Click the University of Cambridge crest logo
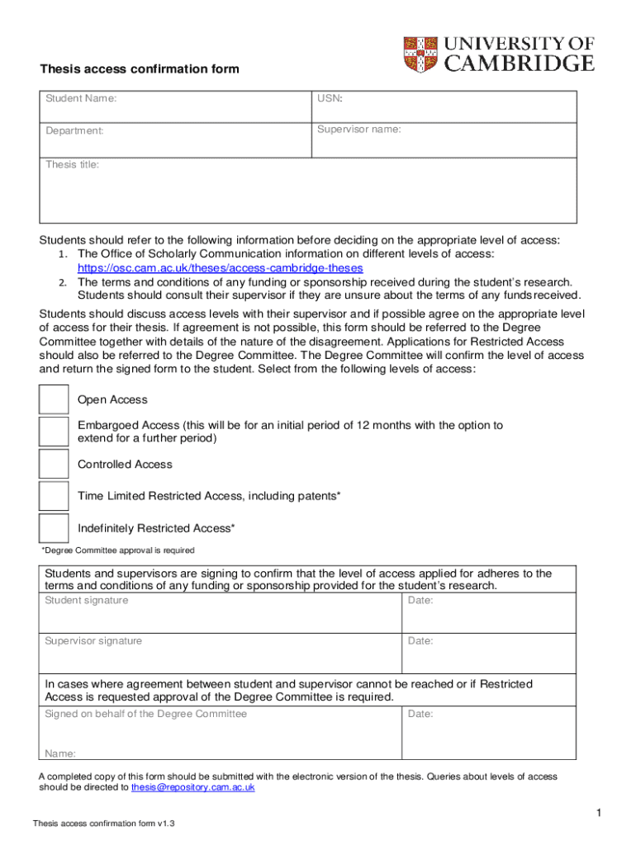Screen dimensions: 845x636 pyautogui.click(x=421, y=54)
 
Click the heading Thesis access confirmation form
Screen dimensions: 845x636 pyautogui.click(x=140, y=69)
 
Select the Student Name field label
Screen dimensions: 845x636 pyautogui.click(x=80, y=99)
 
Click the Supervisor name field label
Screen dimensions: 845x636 pyautogui.click(x=359, y=130)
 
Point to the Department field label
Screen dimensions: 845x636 pyautogui.click(x=74, y=130)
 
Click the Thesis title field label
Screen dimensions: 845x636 pyautogui.click(x=72, y=165)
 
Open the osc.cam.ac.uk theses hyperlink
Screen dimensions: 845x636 pyautogui.click(x=220, y=268)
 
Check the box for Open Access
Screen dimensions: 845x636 pyautogui.click(x=55, y=399)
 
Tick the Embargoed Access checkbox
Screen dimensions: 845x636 pyautogui.click(x=55, y=432)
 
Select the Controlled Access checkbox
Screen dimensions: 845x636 pyautogui.click(x=55, y=464)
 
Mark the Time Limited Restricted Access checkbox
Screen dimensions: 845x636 pyautogui.click(x=55, y=496)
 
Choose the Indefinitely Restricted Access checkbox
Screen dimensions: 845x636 pyautogui.click(x=55, y=528)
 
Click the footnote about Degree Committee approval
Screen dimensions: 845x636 pyautogui.click(x=118, y=550)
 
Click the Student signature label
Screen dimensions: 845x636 pyautogui.click(x=87, y=600)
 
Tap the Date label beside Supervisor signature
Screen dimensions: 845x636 pyautogui.click(x=420, y=641)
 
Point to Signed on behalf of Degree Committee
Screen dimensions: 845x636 pyautogui.click(x=145, y=714)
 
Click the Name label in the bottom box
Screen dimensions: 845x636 pyautogui.click(x=60, y=753)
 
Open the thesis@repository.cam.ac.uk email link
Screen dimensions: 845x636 pyautogui.click(x=193, y=788)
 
